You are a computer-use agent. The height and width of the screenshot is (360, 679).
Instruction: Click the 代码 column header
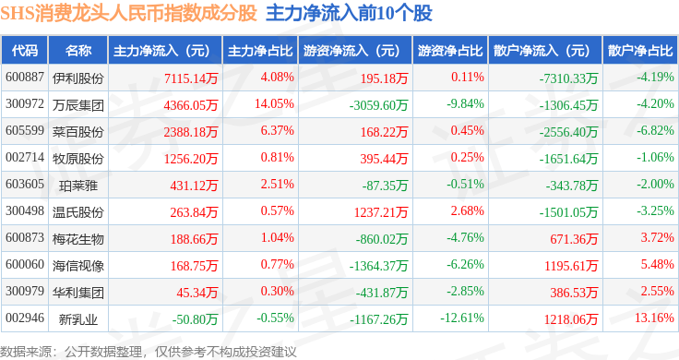point(25,51)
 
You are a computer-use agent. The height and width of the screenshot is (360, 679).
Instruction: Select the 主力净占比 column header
point(260,51)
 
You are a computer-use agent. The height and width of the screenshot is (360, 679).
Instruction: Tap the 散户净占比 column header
point(640,51)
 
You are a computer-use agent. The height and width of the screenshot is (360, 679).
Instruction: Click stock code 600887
point(25,78)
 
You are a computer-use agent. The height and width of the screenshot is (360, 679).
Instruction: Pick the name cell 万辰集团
point(78,105)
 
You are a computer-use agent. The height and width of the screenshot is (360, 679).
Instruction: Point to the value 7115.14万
point(191,78)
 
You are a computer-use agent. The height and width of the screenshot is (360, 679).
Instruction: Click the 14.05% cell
point(274,104)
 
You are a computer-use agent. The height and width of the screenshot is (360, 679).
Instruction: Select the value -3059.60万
point(378,105)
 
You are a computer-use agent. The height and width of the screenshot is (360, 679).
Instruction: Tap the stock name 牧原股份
point(78,159)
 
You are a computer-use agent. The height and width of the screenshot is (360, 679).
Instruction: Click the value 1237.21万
point(381,211)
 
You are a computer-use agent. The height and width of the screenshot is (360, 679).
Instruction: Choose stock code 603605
point(25,184)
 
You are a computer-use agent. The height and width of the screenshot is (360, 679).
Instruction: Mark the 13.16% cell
point(654,318)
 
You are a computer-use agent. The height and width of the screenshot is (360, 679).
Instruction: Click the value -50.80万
point(195,319)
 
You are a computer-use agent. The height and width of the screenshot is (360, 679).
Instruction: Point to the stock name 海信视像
point(78,266)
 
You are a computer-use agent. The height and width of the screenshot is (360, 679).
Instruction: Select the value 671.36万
point(574,239)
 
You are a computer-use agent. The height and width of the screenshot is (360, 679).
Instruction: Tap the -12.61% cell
point(462,318)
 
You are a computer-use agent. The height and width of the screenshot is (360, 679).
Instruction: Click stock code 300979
point(25,291)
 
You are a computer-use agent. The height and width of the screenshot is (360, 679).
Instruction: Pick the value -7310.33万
point(568,78)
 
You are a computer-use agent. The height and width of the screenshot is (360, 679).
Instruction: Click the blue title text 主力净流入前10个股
point(349,14)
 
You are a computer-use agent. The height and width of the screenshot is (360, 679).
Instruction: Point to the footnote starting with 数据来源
point(149,352)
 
